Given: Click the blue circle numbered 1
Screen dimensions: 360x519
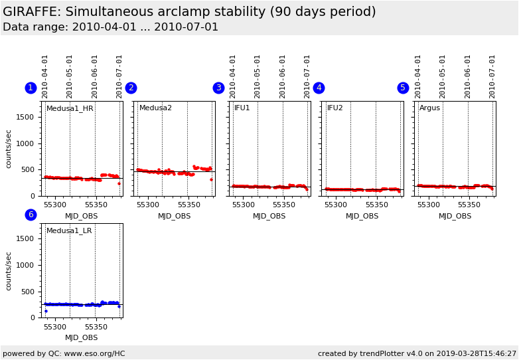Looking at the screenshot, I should pos(31,88).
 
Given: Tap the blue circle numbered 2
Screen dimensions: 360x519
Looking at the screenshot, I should pos(131,88).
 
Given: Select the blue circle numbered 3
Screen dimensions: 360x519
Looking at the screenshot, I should pos(218,88).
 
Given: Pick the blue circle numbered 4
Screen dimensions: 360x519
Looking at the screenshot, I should pos(319,88).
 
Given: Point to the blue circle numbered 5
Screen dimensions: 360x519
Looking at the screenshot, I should pos(403,88).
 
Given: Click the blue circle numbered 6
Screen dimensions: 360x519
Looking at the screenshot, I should pos(31,215).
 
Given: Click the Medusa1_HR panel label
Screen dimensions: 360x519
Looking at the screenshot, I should pos(70,108).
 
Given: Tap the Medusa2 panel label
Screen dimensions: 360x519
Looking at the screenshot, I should pos(155,108).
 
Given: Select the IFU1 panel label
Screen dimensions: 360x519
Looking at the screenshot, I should pos(242,108).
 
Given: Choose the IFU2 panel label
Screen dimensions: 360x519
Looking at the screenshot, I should pos(335,108).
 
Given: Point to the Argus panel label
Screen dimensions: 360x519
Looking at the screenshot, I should pos(429,108).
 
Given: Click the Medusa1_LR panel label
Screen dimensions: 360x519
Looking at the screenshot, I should pos(69,230).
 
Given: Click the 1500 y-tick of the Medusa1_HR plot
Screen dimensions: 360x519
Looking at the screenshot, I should pos(25,118).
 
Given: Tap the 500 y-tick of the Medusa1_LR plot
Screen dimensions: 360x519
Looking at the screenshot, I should pos(28,292).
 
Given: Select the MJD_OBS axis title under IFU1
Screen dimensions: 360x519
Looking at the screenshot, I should pos(269,216).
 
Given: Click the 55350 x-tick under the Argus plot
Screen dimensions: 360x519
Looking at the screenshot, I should pos(469,205).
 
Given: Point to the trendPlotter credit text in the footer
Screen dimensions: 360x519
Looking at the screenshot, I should pos(417,353).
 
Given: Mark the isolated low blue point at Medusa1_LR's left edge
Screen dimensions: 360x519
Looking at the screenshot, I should pos(46,311).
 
